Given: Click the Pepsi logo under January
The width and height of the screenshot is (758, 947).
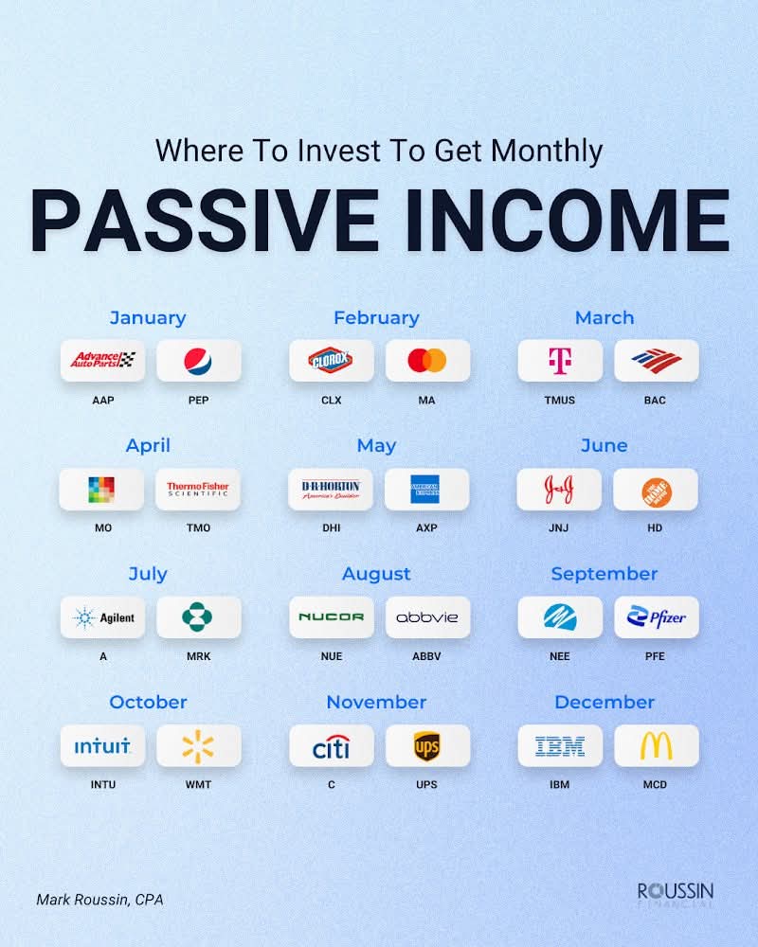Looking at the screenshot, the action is click(x=198, y=361).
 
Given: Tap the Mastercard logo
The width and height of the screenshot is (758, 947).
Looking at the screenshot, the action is click(x=426, y=361).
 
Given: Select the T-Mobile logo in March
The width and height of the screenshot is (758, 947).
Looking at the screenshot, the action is click(x=560, y=361).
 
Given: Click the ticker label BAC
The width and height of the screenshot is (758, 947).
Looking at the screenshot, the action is click(x=655, y=400).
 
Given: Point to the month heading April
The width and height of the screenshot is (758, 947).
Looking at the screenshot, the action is click(x=148, y=446).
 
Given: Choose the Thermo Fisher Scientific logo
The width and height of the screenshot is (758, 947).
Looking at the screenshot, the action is click(x=198, y=490).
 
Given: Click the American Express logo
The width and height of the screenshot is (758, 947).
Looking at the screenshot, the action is click(x=425, y=490).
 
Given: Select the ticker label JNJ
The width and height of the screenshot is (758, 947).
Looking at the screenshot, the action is click(x=558, y=527).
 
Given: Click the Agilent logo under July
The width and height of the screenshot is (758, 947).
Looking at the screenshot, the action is click(x=102, y=617).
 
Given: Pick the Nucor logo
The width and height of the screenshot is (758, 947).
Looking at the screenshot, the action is click(x=332, y=617).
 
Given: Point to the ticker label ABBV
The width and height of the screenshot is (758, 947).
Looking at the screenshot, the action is click(x=426, y=656).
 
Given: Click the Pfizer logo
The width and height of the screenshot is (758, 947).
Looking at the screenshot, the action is click(x=657, y=616).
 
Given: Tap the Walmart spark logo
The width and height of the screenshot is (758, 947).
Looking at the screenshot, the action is click(x=198, y=746).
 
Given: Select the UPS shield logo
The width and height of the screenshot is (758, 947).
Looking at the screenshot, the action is click(x=426, y=746).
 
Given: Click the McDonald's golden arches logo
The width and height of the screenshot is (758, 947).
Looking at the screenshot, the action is click(x=657, y=746).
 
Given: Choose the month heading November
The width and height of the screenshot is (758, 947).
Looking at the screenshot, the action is click(x=376, y=702).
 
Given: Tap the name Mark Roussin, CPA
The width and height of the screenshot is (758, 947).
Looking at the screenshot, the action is click(x=99, y=900).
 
